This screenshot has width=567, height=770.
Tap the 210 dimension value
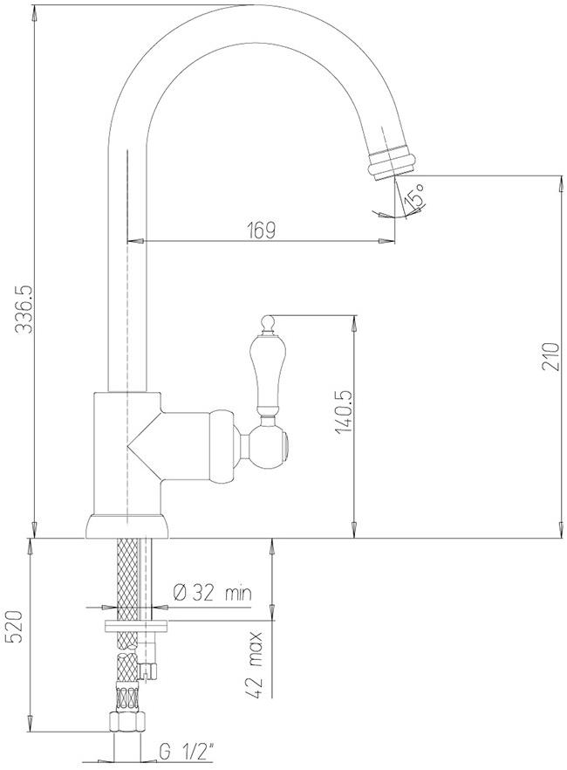click(x=549, y=357)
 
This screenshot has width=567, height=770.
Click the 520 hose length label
click(x=15, y=627)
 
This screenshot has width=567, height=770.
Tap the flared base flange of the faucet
click(x=127, y=525)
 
